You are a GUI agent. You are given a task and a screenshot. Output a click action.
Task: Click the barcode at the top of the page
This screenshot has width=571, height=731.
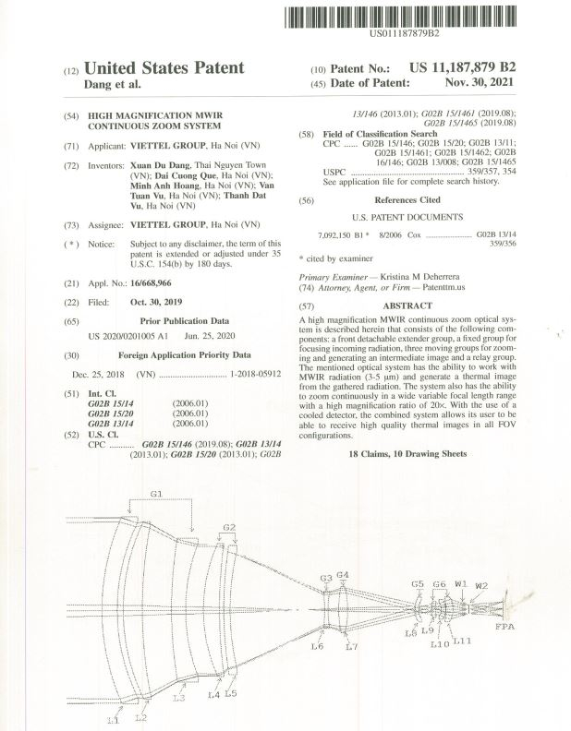pyautogui.click(x=403, y=16)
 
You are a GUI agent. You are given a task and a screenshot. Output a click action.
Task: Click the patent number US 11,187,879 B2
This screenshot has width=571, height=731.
pyautogui.click(x=462, y=68)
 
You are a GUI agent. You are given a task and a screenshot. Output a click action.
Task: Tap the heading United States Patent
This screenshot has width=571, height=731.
pyautogui.click(x=164, y=67)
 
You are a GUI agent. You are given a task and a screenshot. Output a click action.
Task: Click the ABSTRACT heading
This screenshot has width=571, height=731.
pyautogui.click(x=407, y=306)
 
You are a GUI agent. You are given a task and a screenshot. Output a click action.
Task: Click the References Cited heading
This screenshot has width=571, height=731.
pyautogui.click(x=407, y=199)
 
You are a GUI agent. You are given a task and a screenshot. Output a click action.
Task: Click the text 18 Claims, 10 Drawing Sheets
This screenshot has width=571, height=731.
pyautogui.click(x=407, y=456)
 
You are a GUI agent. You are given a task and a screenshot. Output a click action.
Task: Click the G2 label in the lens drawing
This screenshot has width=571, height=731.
pyautogui.click(x=229, y=527)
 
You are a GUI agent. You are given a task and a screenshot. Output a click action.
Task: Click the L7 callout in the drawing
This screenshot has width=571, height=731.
pyautogui.click(x=351, y=647)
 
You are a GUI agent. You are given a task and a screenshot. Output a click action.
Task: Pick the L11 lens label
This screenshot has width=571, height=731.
pyautogui.click(x=462, y=640)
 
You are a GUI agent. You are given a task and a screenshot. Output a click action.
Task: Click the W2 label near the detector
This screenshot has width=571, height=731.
pyautogui.click(x=480, y=585)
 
